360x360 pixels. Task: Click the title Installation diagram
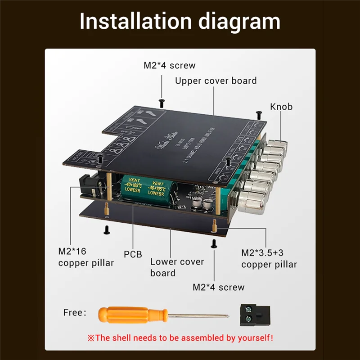(x=180, y=22)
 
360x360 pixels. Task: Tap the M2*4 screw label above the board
(x=170, y=65)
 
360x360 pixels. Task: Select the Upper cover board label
(x=216, y=81)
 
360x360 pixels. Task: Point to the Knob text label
(x=281, y=107)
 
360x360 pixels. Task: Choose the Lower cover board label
(x=177, y=267)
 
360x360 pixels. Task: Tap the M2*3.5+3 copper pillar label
(x=269, y=258)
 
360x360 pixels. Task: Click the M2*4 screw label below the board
(x=219, y=287)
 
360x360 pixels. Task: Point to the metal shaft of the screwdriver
(x=198, y=315)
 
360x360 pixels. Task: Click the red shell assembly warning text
(x=180, y=337)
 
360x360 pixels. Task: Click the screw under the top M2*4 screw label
(x=162, y=103)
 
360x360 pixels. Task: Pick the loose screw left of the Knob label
(x=258, y=113)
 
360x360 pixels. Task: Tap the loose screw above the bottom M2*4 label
(x=214, y=243)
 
